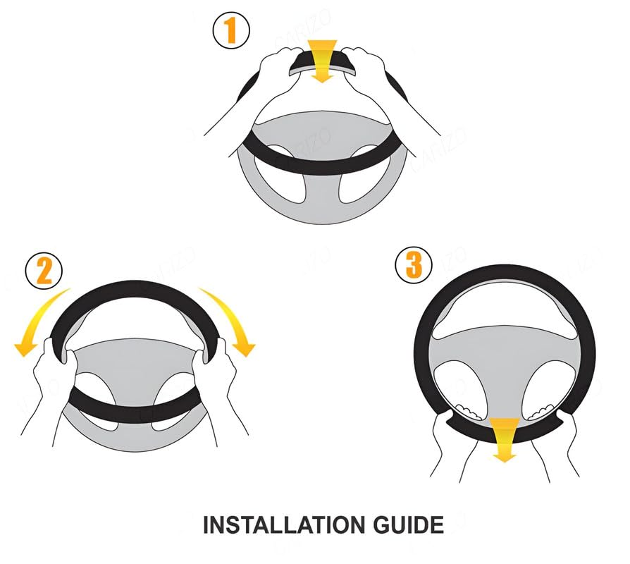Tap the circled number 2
click(44, 271)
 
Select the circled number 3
click(414, 266)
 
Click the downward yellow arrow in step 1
click(322, 61)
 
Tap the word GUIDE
click(409, 525)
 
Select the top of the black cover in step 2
click(134, 288)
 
